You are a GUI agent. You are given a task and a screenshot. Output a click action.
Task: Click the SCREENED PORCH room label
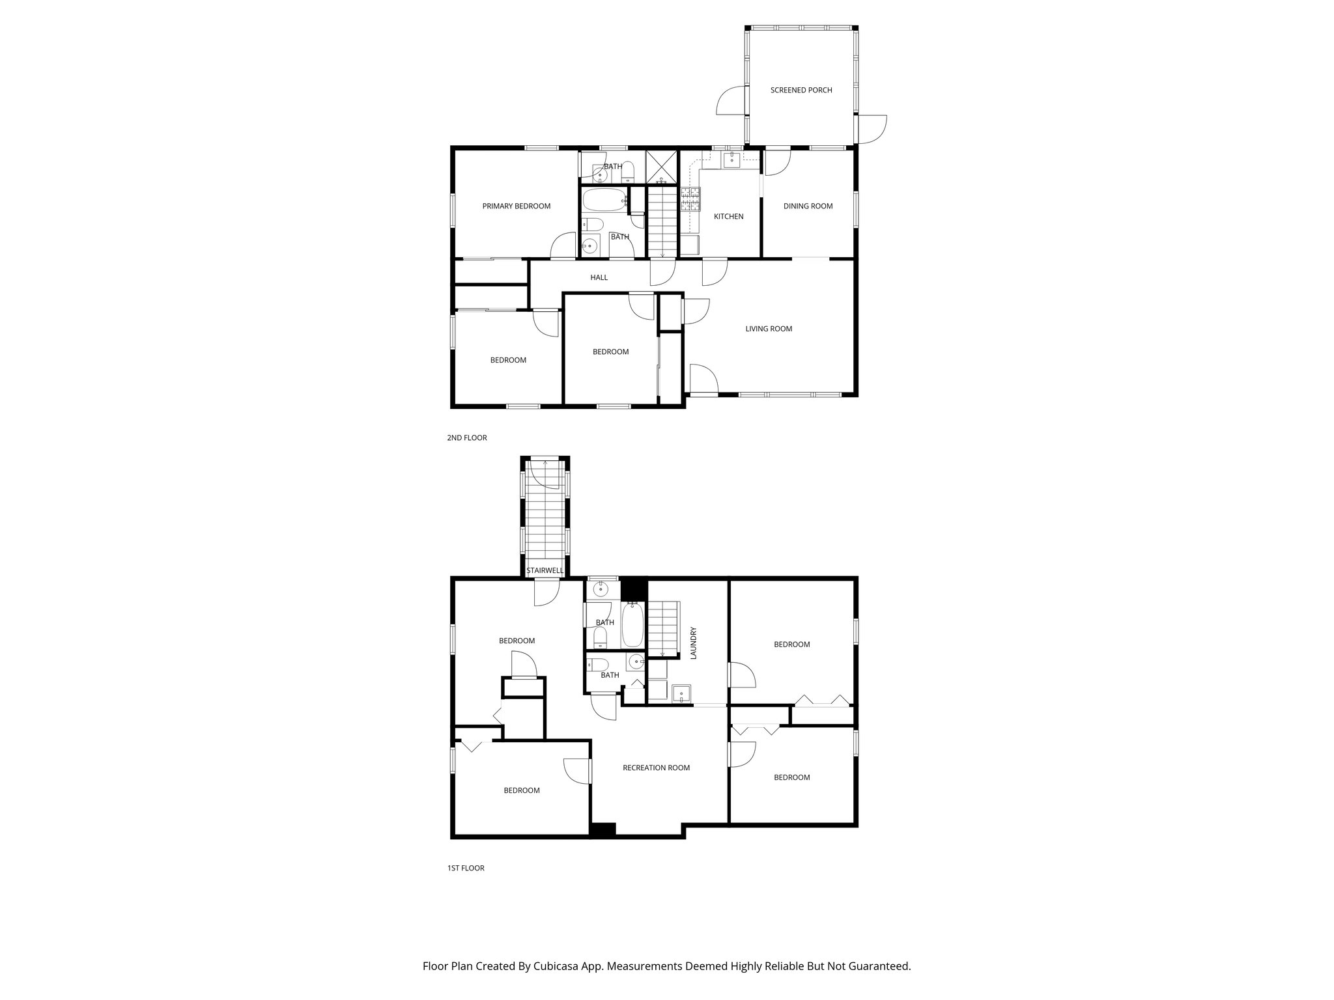tap(801, 90)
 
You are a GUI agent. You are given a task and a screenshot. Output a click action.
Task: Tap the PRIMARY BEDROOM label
tap(516, 206)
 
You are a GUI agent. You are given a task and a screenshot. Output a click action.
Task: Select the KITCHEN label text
tap(728, 217)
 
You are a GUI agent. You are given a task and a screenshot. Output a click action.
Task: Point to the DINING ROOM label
tap(808, 206)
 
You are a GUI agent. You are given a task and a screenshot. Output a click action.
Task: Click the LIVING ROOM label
tap(769, 329)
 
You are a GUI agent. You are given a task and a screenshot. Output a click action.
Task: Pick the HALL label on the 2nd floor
tap(599, 277)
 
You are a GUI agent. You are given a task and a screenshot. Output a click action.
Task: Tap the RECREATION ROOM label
tap(656, 768)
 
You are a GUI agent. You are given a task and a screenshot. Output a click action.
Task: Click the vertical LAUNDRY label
tap(694, 643)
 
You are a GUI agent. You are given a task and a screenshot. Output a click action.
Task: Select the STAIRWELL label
tap(545, 570)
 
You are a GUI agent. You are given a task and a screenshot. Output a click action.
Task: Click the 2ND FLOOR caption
tap(466, 438)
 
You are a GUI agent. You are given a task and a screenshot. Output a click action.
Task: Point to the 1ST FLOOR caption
tap(465, 868)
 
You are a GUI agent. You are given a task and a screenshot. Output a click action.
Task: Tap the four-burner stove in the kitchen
tap(690, 199)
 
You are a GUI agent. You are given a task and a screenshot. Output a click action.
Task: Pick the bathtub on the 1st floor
tap(632, 624)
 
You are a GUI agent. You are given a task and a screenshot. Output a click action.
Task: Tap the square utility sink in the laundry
tap(681, 694)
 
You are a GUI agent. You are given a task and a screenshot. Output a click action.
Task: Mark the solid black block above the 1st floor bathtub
tap(632, 589)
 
